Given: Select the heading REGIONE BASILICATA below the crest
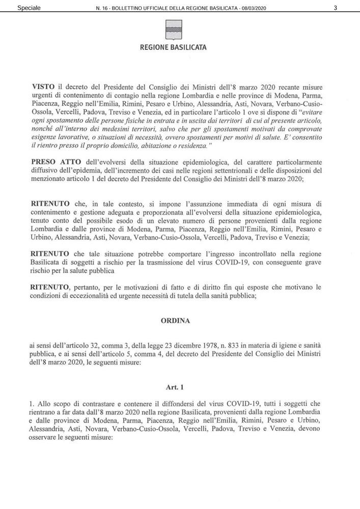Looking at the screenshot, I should pyautogui.click(x=173, y=49).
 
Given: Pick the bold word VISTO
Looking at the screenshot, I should pyautogui.click(x=42, y=88).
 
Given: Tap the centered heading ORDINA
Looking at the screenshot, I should pyautogui.click(x=176, y=321).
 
